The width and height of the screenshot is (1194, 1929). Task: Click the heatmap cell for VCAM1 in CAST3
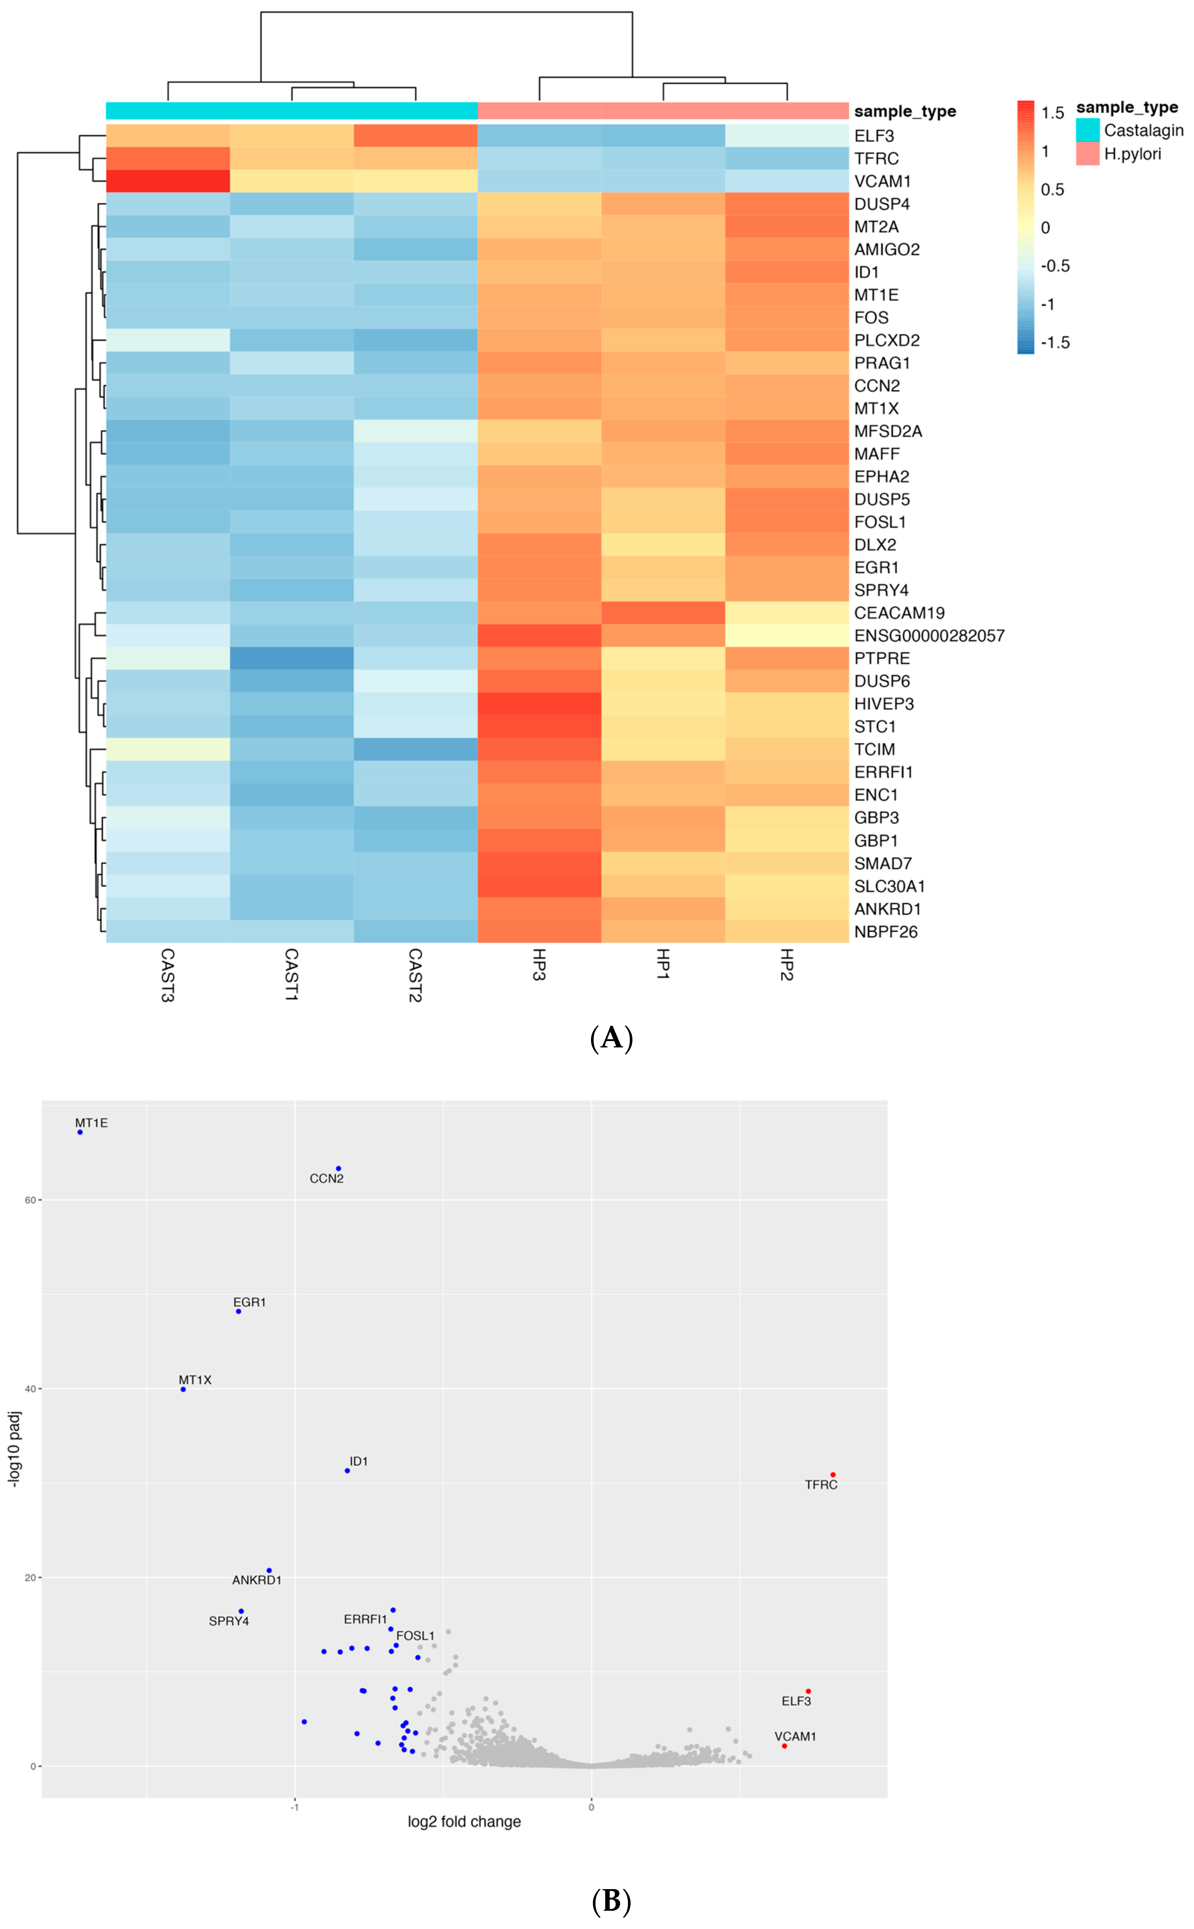pos(167,181)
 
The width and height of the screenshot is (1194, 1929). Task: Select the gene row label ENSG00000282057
pos(929,636)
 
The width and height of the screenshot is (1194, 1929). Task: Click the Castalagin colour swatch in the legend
pos(1087,130)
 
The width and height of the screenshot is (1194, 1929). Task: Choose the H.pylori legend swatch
pos(1087,154)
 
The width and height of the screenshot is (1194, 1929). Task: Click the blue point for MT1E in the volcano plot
pos(80,1132)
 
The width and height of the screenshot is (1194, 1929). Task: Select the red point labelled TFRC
pos(833,1475)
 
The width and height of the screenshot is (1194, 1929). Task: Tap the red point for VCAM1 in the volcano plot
pos(784,1746)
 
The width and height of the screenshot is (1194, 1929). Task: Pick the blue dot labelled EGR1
pos(239,1312)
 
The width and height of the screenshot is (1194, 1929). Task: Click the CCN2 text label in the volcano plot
pos(326,1179)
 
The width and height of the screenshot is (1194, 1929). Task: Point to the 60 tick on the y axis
pos(30,1200)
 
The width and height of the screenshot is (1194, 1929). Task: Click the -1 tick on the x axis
pos(294,1808)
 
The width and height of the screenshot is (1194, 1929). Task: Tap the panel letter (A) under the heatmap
pos(611,1038)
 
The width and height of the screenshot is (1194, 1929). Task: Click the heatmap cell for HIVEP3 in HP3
pos(539,703)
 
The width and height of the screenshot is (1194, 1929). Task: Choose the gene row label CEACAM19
pos(898,613)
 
